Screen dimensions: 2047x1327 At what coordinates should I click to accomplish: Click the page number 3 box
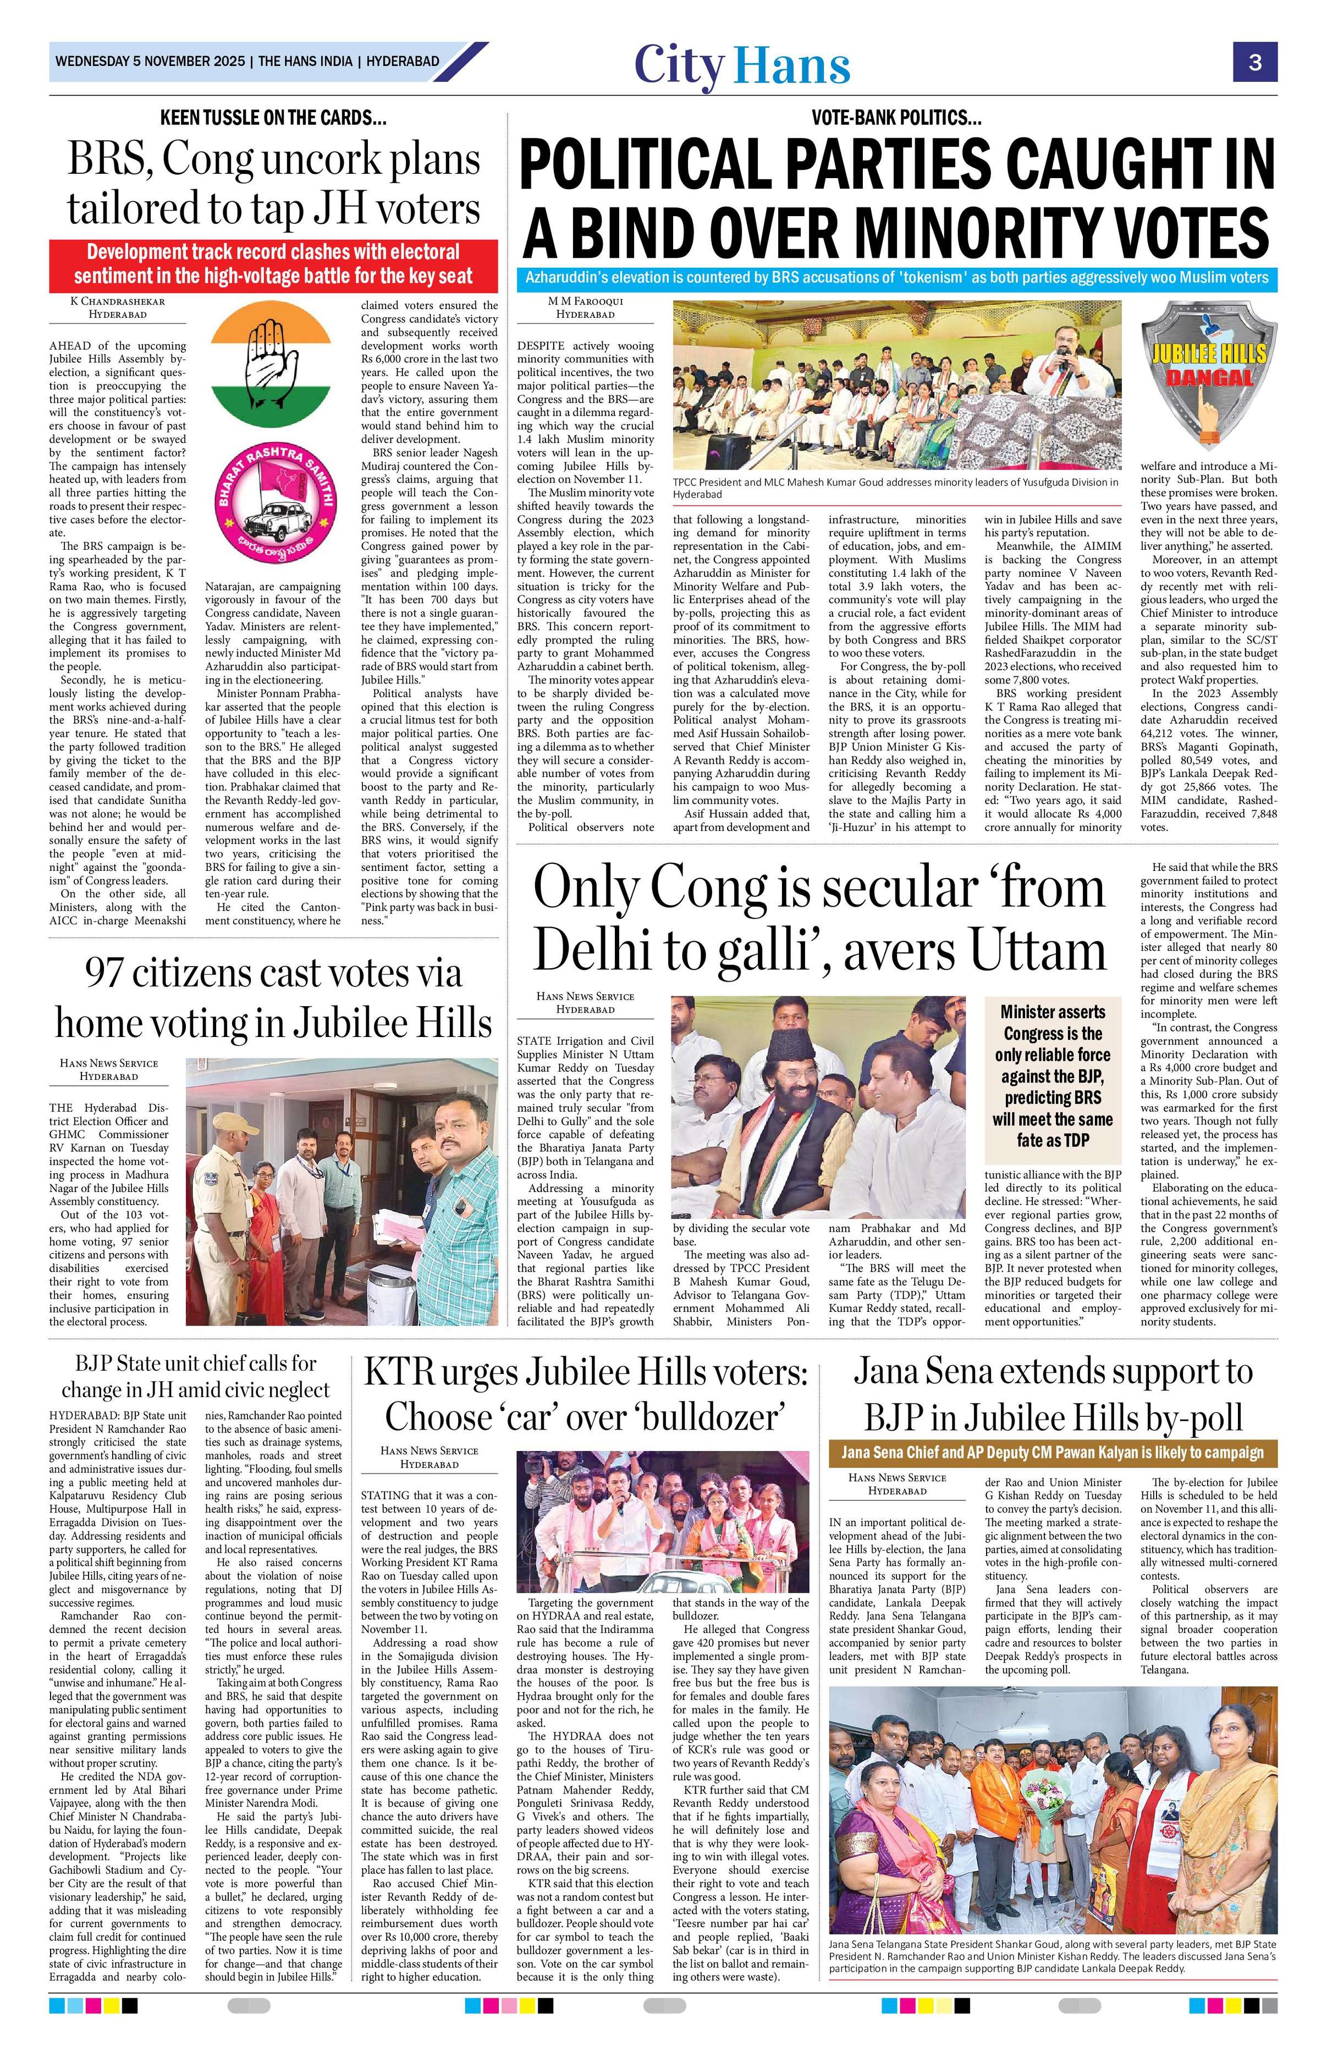coord(1255,62)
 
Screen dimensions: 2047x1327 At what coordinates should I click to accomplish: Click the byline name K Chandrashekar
coord(117,301)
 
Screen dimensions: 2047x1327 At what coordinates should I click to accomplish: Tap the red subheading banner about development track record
coord(273,264)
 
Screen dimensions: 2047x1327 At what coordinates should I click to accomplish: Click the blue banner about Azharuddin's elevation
coord(897,278)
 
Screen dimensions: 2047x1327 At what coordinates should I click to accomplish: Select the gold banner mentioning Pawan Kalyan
coord(1053,1453)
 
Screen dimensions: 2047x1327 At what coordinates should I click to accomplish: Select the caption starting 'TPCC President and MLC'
coord(894,488)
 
